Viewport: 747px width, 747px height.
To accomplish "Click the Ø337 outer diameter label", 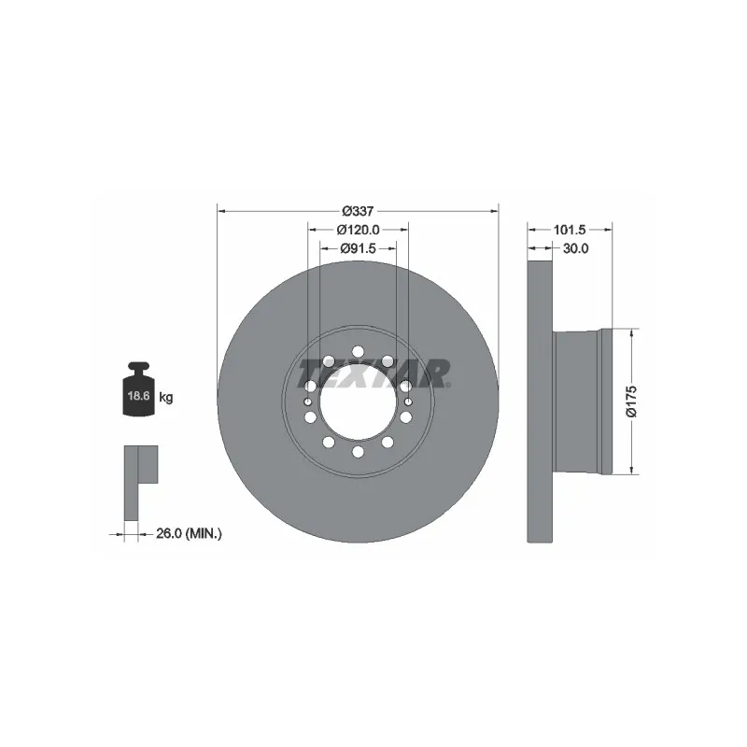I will (358, 210).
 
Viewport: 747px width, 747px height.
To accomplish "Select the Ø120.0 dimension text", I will (358, 230).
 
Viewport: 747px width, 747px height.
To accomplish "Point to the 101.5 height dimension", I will (569, 229).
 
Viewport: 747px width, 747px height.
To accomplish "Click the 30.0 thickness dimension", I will (575, 248).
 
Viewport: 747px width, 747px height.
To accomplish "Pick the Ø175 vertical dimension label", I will (630, 401).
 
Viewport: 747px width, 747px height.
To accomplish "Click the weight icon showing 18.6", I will (137, 391).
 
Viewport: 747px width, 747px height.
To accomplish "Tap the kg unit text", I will (166, 398).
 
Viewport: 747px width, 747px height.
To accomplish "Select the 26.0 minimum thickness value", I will (166, 533).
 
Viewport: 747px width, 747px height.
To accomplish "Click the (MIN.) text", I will (204, 533).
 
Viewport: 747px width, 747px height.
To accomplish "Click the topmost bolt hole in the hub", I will (358, 351).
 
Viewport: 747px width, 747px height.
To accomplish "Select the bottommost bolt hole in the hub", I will (358, 452).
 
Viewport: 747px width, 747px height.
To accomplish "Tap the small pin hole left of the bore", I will (307, 402).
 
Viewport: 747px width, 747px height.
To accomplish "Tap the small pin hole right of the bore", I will (408, 402).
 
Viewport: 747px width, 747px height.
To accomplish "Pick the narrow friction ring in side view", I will (539, 401).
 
